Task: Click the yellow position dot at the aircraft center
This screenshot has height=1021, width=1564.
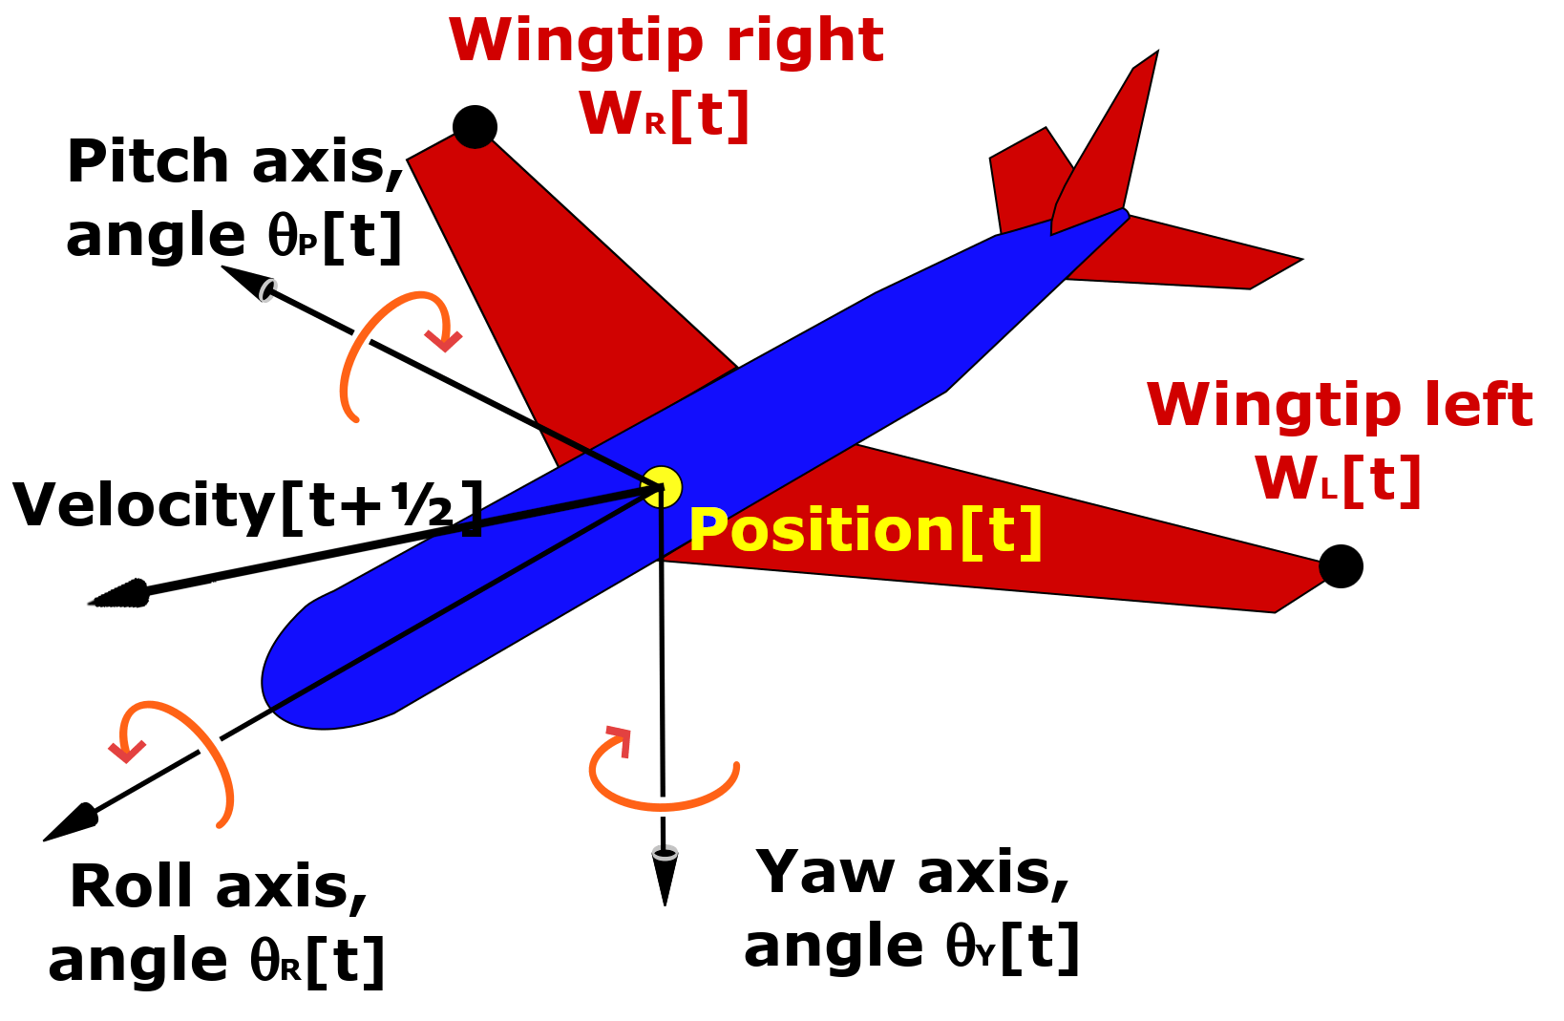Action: (x=661, y=487)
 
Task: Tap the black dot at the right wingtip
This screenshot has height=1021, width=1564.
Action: (x=475, y=126)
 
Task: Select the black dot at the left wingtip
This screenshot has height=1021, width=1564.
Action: (x=1341, y=566)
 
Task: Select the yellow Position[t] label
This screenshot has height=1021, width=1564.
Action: (x=865, y=530)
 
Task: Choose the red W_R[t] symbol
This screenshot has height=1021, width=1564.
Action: (x=664, y=114)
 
